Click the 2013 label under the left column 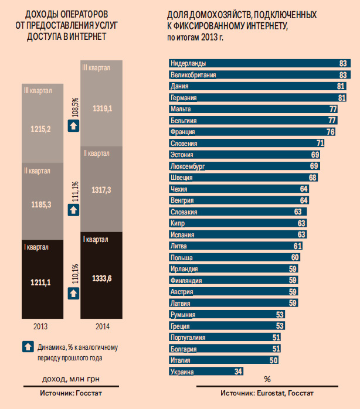40,326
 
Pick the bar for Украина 205,371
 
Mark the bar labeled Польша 234,257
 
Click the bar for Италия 222,360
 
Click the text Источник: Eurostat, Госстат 267,393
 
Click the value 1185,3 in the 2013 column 41,205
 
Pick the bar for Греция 226,326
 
